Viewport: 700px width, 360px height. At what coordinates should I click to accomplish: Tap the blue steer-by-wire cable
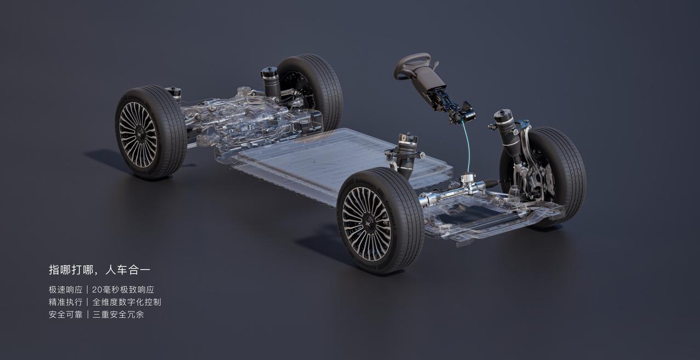[x=468, y=147]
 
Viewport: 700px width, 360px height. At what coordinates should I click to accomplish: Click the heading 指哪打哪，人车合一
[x=100, y=270]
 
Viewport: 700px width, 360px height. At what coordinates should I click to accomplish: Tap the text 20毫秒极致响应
[x=123, y=290]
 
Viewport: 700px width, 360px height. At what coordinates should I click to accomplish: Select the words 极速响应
[x=66, y=290]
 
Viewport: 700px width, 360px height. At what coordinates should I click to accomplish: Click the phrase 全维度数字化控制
[x=127, y=302]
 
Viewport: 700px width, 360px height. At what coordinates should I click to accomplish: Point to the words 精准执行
[x=66, y=302]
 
